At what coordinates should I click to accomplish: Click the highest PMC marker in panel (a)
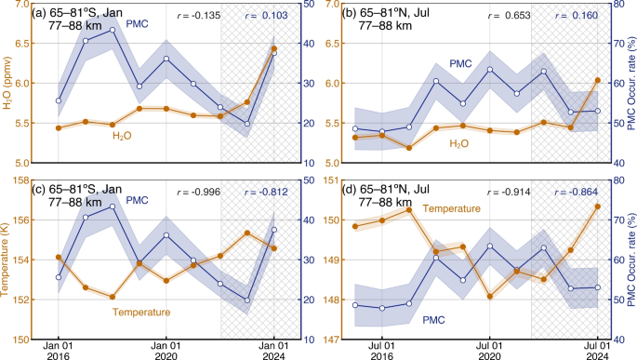113,30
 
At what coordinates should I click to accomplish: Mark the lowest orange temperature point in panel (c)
113,297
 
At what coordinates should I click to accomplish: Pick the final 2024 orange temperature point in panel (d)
598,207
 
